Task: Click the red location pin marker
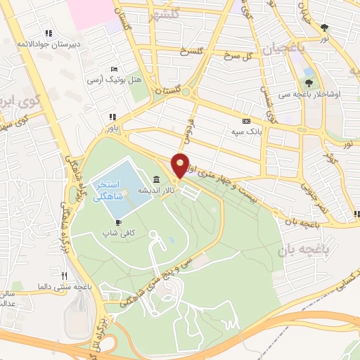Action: [180, 165]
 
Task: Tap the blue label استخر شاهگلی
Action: [108, 189]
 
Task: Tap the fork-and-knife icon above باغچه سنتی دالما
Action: [64, 276]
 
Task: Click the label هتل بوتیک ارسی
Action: [114, 80]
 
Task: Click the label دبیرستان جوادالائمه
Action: [48, 44]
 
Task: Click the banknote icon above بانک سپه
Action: [245, 121]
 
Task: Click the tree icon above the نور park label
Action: [324, 28]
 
